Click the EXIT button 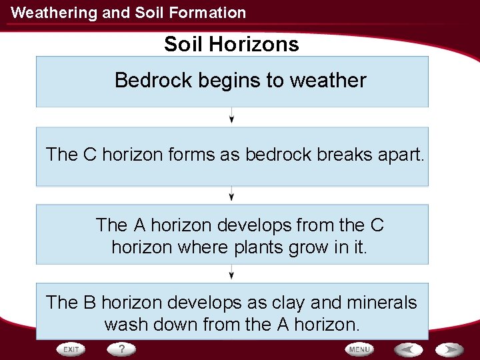coord(71,349)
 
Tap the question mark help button coord(121,349)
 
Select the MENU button coord(359,349)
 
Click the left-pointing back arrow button coord(409,349)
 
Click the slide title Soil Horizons coord(231,45)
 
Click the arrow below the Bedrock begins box coord(231,117)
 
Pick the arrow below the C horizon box coord(231,195)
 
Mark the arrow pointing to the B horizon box coord(231,273)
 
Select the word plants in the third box coord(259,247)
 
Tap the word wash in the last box coord(125,325)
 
